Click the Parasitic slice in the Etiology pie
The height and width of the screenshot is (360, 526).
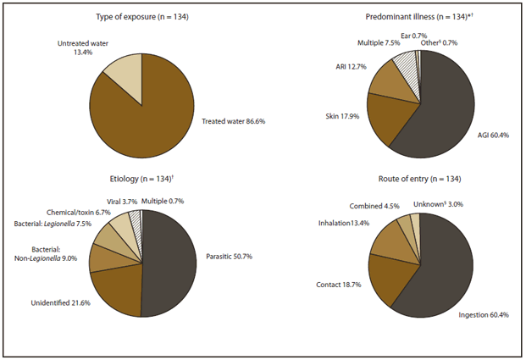click(169, 263)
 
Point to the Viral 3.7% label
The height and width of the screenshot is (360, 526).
click(116, 201)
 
